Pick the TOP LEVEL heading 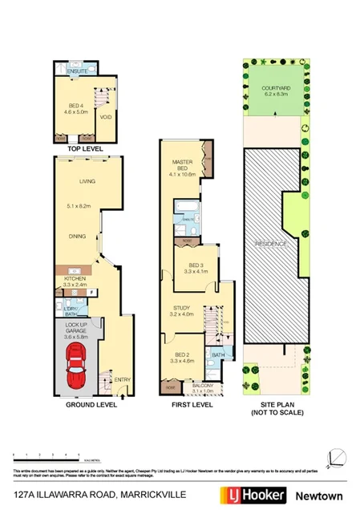85,149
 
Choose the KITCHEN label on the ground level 75,278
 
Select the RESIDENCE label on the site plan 271,242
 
